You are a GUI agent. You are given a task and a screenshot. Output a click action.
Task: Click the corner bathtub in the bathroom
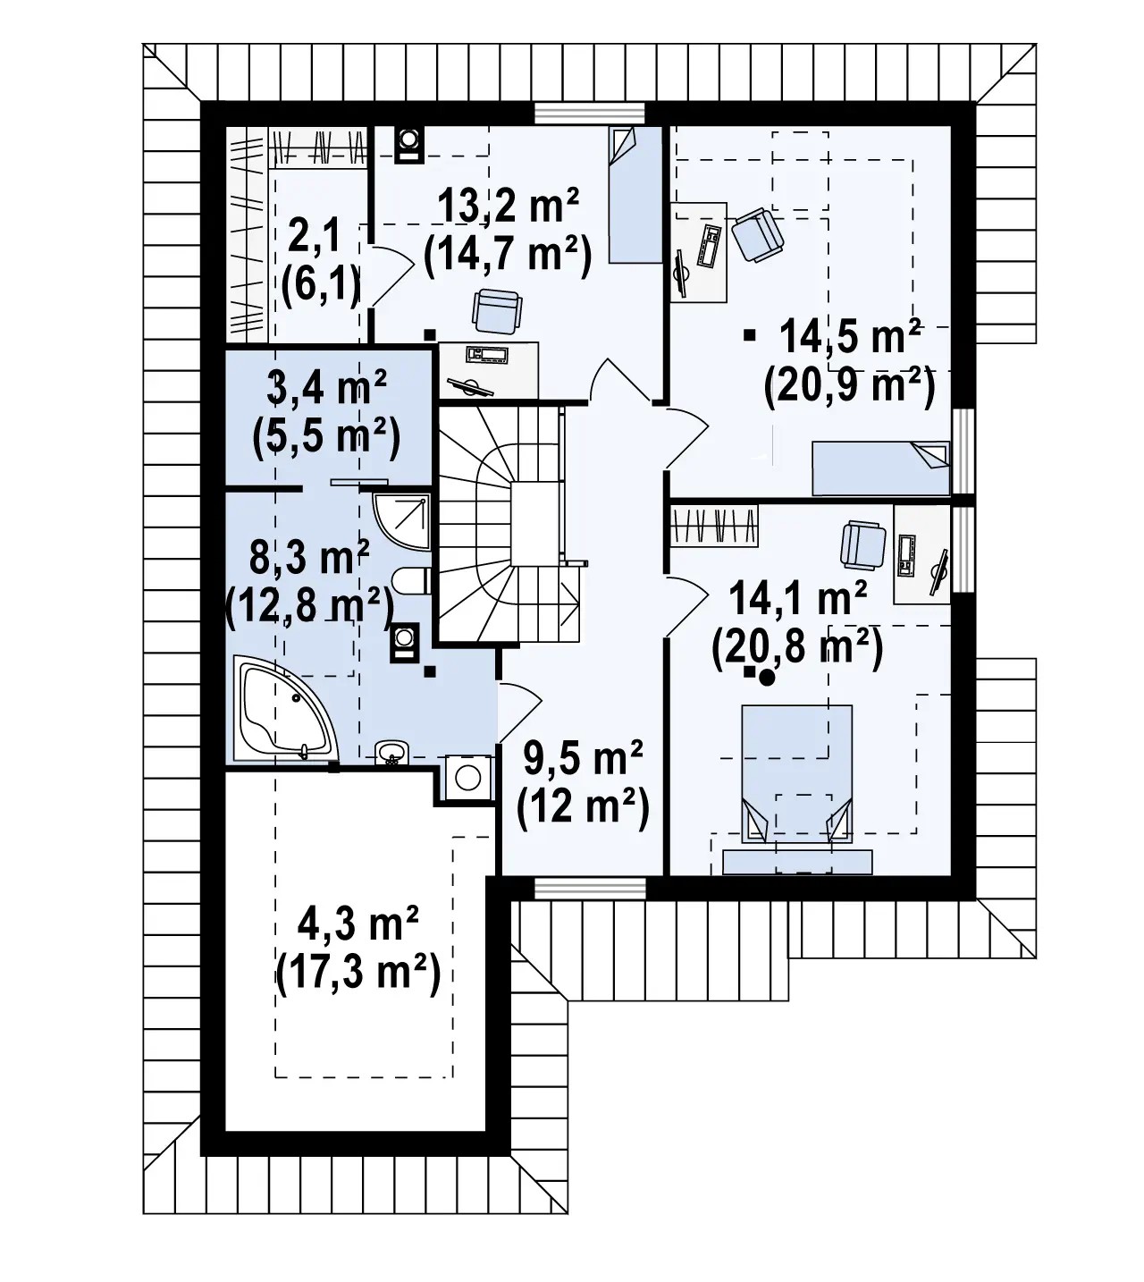285,710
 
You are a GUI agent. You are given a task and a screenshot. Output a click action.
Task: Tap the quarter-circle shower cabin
401,521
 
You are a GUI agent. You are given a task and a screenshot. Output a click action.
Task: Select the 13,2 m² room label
508,207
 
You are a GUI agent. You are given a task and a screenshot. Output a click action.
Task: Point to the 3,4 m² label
326,387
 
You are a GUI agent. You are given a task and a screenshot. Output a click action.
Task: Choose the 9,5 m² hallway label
583,758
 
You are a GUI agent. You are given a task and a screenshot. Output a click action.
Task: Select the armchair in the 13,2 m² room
497,311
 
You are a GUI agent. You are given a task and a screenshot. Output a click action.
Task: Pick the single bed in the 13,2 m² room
635,194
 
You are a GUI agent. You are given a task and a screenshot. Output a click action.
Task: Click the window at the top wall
590,114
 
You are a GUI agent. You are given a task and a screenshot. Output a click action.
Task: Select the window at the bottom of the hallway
590,888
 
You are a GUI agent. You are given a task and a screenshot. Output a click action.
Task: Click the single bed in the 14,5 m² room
880,468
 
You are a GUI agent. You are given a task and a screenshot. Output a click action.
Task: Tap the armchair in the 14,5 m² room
757,236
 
